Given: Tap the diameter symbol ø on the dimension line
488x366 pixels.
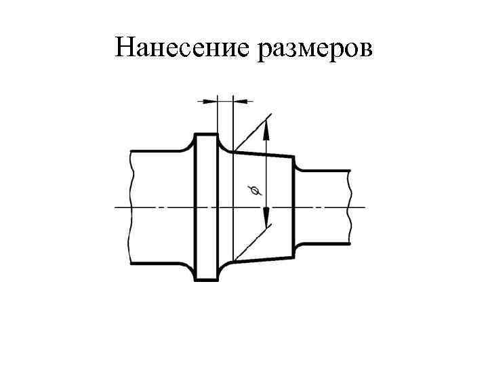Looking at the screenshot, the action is [x=256, y=192].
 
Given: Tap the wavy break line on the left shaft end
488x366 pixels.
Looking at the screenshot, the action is [x=129, y=207].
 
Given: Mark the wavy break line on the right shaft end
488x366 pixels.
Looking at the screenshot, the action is [x=350, y=207].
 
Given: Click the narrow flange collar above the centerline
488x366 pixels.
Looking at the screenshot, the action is [x=206, y=169].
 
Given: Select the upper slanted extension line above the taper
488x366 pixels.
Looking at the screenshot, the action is [x=251, y=131].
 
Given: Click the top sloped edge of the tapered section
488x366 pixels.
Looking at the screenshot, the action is [x=264, y=154].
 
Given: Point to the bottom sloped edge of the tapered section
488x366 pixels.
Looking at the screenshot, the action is [x=264, y=258].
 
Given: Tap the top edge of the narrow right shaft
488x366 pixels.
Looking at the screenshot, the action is [x=324, y=170].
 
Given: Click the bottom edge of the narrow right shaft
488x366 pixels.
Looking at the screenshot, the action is [x=324, y=243].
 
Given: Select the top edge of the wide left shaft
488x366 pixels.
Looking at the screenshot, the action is [x=156, y=151].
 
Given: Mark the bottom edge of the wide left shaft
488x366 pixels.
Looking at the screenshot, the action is [x=156, y=262].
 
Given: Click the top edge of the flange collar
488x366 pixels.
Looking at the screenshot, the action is [x=206, y=134].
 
